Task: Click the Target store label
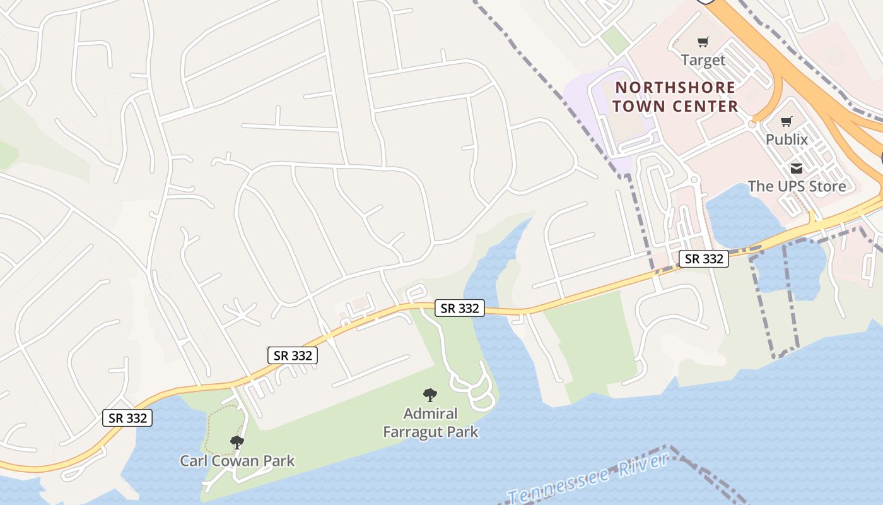pyautogui.click(x=703, y=61)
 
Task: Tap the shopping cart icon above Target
pyautogui.click(x=703, y=42)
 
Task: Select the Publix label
pyautogui.click(x=786, y=139)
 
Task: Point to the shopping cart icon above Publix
pyautogui.click(x=786, y=121)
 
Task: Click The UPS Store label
pyautogui.click(x=797, y=186)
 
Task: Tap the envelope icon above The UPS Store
pyautogui.click(x=797, y=169)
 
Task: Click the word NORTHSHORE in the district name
pyautogui.click(x=675, y=88)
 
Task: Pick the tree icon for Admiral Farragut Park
pyautogui.click(x=430, y=396)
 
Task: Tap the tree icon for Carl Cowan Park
pyautogui.click(x=237, y=443)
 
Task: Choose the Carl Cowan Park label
pyautogui.click(x=237, y=461)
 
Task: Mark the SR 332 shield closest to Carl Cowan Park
pyautogui.click(x=127, y=418)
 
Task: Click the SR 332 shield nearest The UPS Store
pyautogui.click(x=704, y=258)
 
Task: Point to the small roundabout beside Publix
pyautogui.click(x=752, y=123)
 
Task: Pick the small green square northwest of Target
pyautogui.click(x=615, y=40)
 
